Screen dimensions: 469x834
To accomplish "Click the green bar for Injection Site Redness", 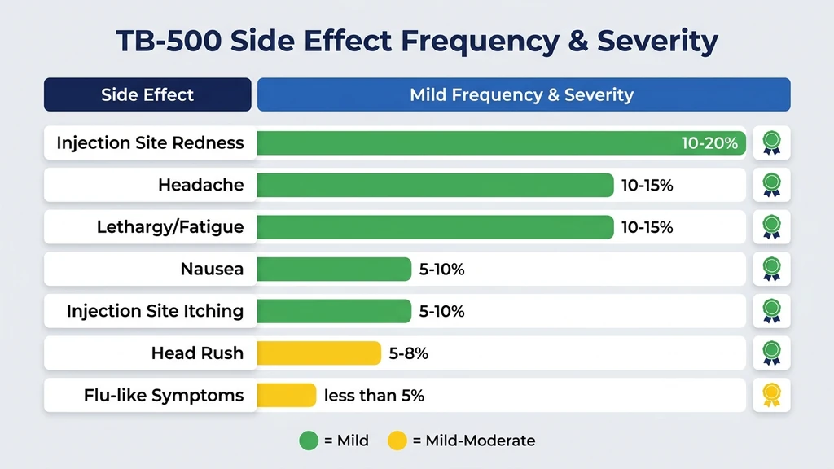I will (x=464, y=143).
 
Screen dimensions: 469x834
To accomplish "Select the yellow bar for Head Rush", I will (x=318, y=353).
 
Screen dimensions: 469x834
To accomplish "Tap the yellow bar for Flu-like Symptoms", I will (x=286, y=396).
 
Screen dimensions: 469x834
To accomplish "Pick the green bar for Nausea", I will (x=334, y=269).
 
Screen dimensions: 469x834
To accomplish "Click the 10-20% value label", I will (x=709, y=143).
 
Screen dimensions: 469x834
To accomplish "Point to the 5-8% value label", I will (x=409, y=353).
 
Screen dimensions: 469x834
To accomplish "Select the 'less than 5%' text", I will (x=374, y=396).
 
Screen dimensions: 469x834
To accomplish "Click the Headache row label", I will (x=200, y=185).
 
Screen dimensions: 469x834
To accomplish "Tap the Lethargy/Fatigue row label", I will (x=170, y=227).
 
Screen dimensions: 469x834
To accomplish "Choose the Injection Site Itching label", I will (x=155, y=311).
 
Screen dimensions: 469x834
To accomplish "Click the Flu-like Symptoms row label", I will (x=164, y=396).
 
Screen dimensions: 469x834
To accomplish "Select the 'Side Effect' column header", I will (x=147, y=94).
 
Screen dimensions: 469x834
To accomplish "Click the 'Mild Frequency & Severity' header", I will (x=521, y=94).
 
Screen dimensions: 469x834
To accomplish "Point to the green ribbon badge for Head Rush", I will (x=770, y=353).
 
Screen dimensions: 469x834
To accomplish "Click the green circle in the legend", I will (x=309, y=441).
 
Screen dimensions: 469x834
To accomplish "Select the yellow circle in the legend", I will (x=397, y=441).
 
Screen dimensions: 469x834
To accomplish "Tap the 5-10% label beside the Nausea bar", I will (x=441, y=269).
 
